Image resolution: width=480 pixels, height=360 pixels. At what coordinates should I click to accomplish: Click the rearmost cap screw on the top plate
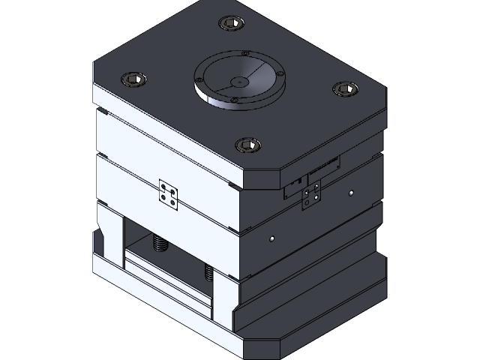230,25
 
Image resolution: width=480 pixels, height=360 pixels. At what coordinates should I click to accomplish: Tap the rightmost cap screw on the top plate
343,88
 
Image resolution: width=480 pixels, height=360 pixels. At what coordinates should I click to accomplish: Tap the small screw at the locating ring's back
245,54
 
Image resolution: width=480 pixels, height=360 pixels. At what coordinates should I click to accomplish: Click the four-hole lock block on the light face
169,194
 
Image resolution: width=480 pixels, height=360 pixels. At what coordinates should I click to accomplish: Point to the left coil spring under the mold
159,241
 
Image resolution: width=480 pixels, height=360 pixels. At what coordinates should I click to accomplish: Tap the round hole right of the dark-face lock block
350,193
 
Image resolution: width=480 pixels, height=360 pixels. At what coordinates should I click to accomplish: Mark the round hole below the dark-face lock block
271,239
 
